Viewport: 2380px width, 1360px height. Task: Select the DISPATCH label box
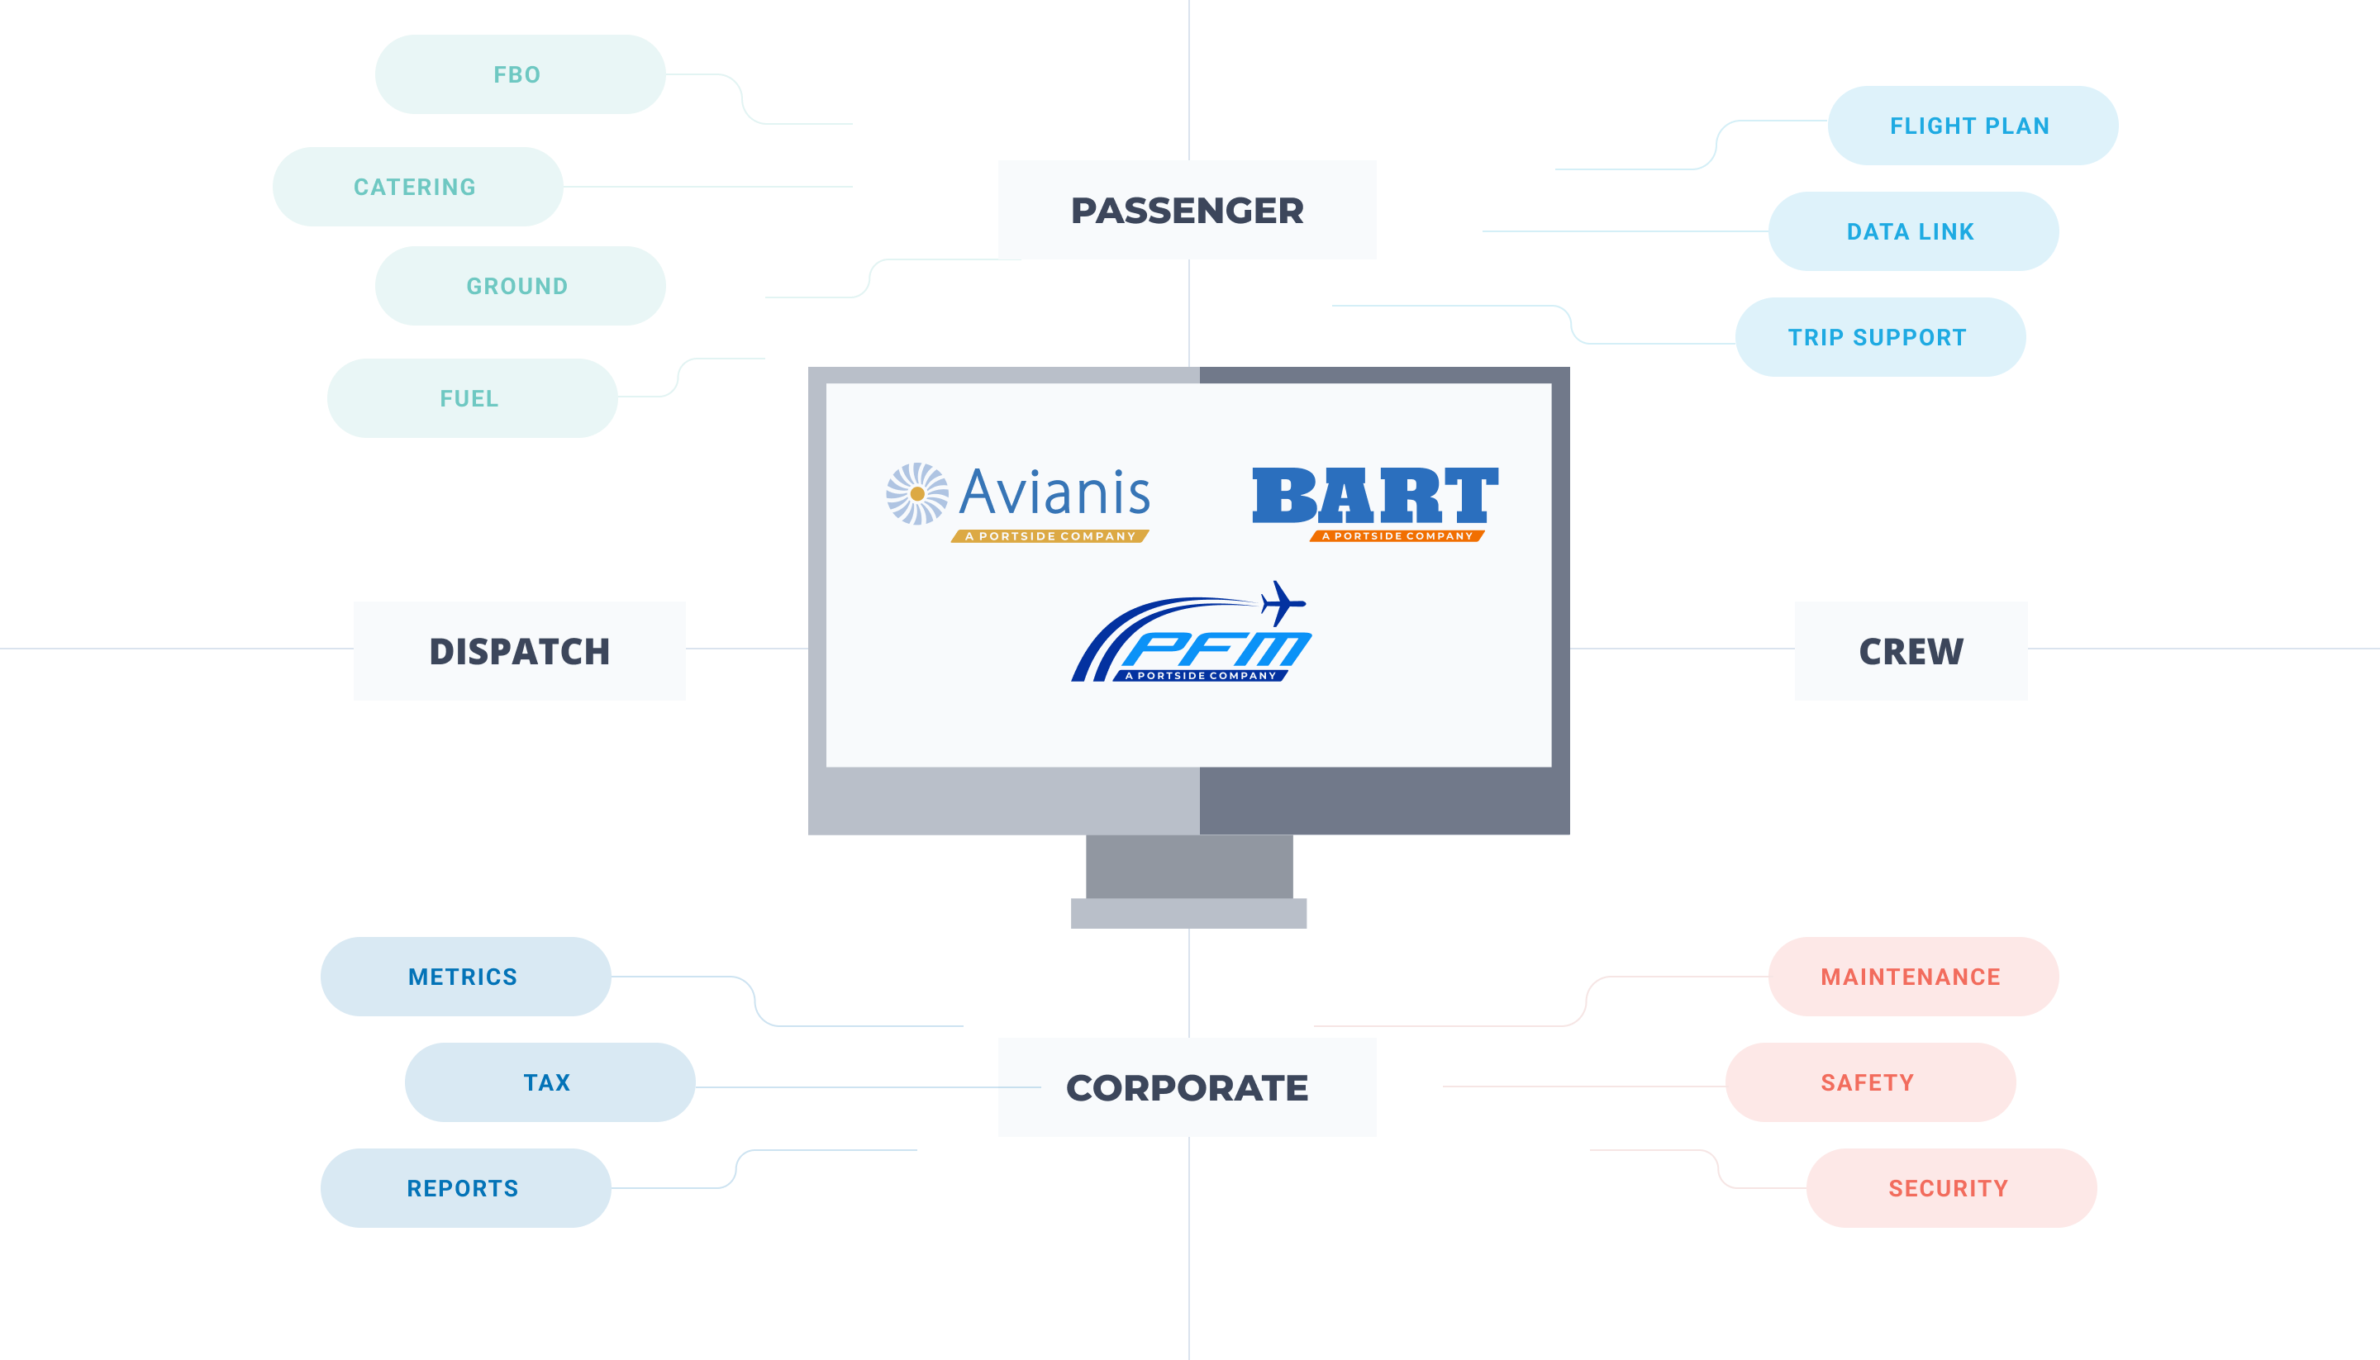pyautogui.click(x=519, y=651)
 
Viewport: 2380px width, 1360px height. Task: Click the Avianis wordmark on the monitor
pyautogui.click(x=1054, y=492)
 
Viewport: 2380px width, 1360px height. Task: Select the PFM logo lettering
pyautogui.click(x=1214, y=649)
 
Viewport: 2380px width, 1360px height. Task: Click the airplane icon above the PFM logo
pyautogui.click(x=1283, y=602)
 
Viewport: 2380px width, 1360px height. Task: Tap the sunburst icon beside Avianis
pyautogui.click(x=916, y=493)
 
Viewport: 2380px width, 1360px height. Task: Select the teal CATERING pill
pyautogui.click(x=416, y=187)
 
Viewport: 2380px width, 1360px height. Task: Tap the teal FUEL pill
pyautogui.click(x=472, y=398)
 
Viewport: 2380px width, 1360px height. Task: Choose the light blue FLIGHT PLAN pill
pyautogui.click(x=1972, y=125)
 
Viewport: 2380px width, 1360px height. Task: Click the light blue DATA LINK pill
pyautogui.click(x=1912, y=231)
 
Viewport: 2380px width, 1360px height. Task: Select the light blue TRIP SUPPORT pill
pyautogui.click(x=1879, y=337)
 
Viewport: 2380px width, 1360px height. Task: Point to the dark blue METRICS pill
pyautogui.click(x=465, y=976)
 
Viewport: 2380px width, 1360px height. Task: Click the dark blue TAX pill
pyautogui.click(x=550, y=1082)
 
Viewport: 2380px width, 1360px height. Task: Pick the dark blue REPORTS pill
pyautogui.click(x=465, y=1188)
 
